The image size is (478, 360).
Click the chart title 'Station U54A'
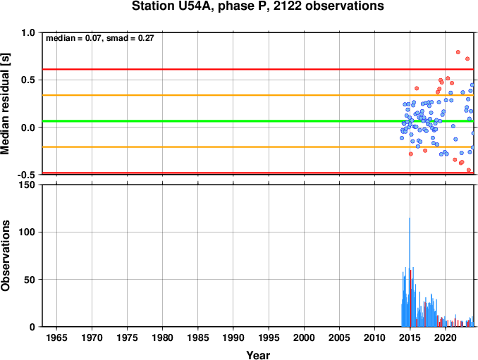[173, 6]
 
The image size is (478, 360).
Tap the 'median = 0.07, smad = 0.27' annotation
[99, 38]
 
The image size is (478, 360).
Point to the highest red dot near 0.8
[458, 52]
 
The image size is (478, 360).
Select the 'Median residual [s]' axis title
[5, 104]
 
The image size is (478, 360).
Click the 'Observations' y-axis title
[5, 256]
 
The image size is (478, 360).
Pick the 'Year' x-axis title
[258, 355]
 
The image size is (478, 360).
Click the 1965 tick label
[56, 337]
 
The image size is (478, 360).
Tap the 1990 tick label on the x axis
[233, 337]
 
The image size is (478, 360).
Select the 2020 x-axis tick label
[446, 337]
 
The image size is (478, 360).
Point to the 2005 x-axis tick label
[339, 337]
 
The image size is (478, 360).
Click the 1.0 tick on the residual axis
[28, 32]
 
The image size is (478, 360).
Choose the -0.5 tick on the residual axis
[26, 175]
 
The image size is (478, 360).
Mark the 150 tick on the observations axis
[27, 185]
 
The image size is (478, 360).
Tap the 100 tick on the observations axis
[27, 232]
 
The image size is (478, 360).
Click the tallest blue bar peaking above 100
[410, 272]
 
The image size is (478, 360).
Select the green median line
[258, 121]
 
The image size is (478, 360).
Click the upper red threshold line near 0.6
[258, 70]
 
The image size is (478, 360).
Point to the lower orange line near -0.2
[258, 147]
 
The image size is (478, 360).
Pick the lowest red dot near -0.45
[469, 170]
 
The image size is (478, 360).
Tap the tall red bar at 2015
[410, 299]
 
